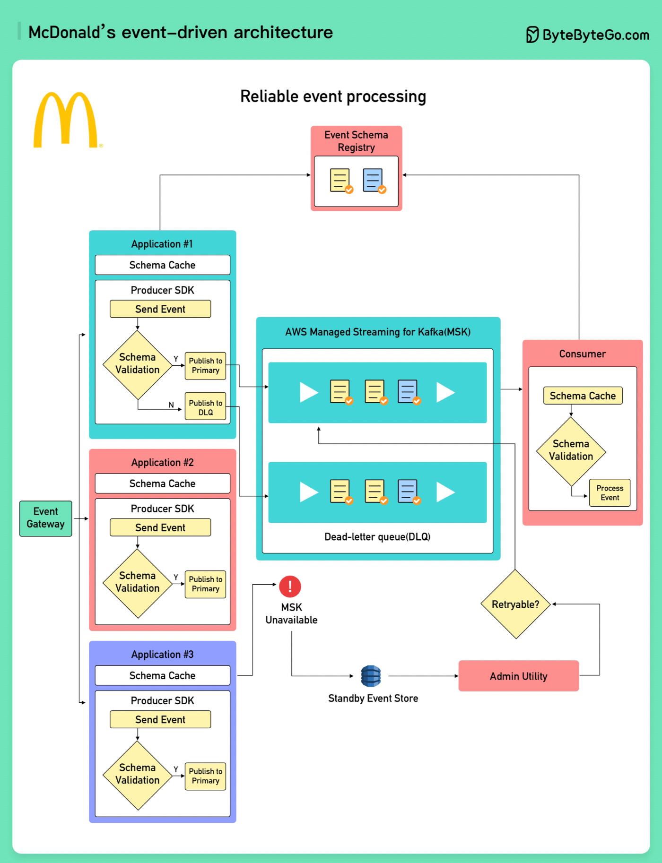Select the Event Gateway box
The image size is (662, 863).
(45, 518)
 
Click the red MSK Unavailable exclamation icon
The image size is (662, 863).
(290, 587)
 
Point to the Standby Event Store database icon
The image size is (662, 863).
(371, 676)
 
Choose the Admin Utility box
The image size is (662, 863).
(518, 676)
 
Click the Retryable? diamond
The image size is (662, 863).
(515, 604)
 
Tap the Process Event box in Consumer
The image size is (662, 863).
(610, 492)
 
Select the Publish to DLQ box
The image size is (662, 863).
(205, 407)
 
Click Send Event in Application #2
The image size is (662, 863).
(160, 527)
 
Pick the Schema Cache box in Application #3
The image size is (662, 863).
(162, 675)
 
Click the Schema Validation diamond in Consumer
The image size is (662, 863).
(571, 450)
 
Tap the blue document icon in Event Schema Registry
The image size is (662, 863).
(373, 181)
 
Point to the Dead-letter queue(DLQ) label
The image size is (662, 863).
(377, 537)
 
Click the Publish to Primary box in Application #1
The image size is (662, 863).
(205, 365)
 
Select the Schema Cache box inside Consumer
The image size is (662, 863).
(583, 396)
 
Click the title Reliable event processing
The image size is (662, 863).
(333, 96)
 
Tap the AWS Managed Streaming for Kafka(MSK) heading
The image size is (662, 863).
(377, 332)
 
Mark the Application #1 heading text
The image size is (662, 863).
(162, 244)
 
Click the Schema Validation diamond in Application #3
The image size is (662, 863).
(138, 774)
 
